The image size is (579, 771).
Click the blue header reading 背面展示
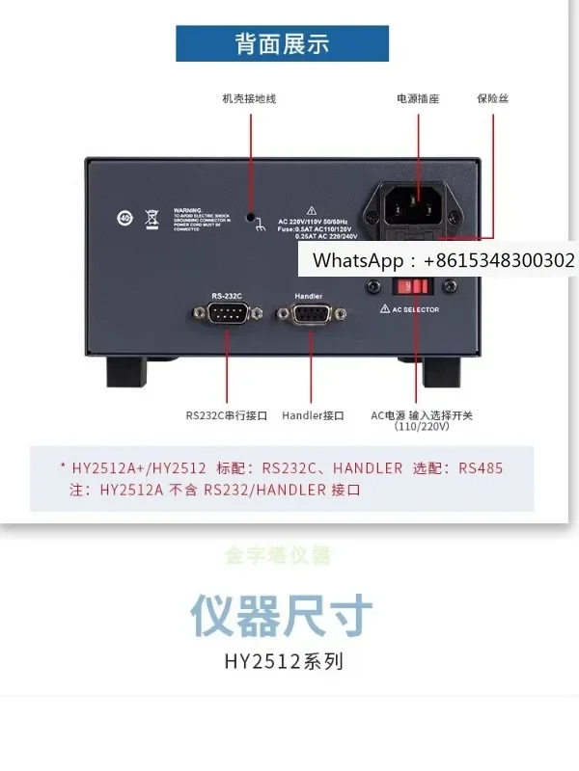pos(282,43)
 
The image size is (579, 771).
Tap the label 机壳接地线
pos(249,98)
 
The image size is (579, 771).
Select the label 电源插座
pos(417,98)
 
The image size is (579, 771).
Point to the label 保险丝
pos(491,98)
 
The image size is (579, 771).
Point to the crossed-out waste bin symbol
pos(152,217)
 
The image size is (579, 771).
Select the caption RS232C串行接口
pos(227,415)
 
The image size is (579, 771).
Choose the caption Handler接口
pos(313,415)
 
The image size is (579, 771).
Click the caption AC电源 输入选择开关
pos(422,415)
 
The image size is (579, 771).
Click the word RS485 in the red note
pos(480,467)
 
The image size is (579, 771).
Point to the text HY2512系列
pos(283,662)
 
